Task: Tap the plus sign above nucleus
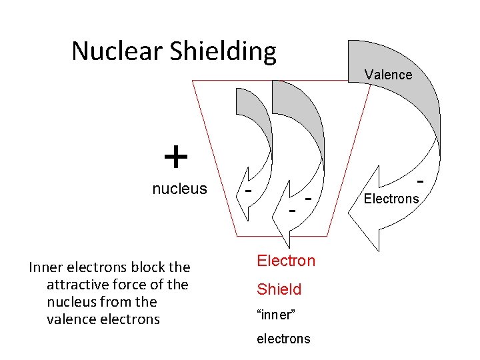click(175, 158)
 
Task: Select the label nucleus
click(179, 189)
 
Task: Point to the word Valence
click(388, 75)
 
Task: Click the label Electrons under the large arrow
click(391, 198)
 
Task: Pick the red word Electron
click(286, 261)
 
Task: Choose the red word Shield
click(279, 289)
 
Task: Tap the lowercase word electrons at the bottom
click(283, 339)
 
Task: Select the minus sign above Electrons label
click(421, 181)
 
